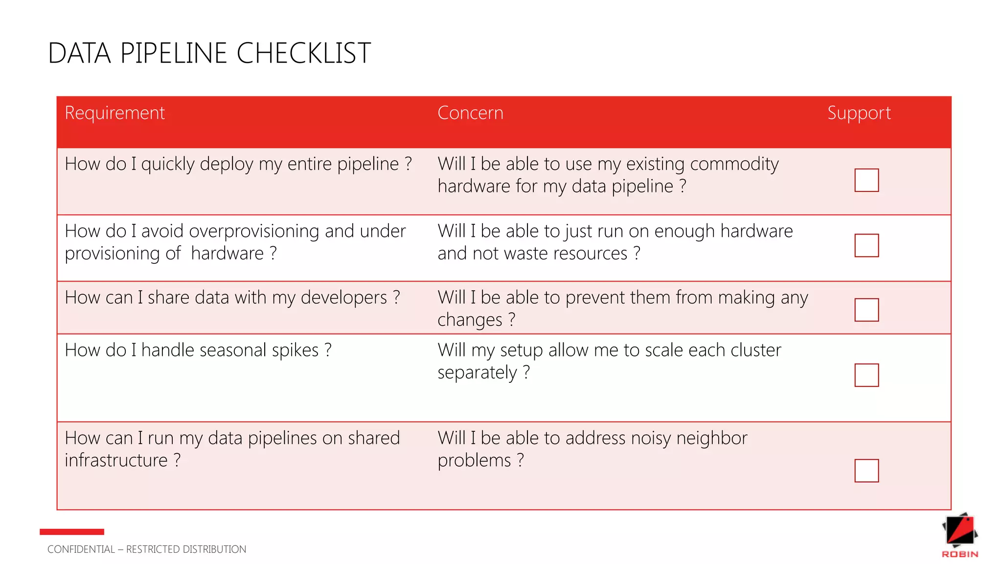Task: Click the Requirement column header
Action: click(114, 113)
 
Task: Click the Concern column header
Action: click(470, 113)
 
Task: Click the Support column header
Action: click(859, 113)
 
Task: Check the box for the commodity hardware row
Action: click(866, 180)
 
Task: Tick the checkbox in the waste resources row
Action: click(866, 245)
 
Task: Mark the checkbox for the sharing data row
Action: click(866, 310)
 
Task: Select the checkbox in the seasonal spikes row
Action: click(866, 375)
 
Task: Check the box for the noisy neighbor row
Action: click(866, 470)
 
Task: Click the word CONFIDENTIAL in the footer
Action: click(81, 549)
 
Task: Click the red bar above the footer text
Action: click(72, 532)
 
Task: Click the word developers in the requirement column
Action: click(343, 298)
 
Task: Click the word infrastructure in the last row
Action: click(116, 461)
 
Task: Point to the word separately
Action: click(477, 373)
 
